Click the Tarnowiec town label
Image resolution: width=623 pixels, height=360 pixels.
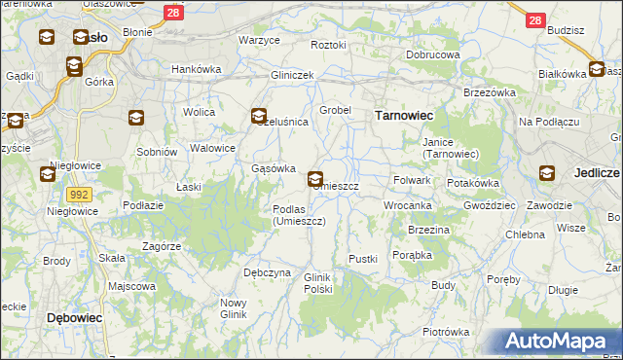[404, 115]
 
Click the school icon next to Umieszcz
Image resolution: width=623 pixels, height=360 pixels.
[316, 179]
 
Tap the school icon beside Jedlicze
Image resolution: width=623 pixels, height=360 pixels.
[547, 173]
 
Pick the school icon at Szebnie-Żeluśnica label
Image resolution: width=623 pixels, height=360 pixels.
[259, 116]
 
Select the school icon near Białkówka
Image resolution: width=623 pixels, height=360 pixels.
[596, 69]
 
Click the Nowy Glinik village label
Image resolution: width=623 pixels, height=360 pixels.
[233, 308]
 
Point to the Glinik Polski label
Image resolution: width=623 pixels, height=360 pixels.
[318, 283]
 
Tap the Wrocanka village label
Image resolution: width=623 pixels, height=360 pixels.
[407, 206]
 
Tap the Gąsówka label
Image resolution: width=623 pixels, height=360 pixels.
[274, 168]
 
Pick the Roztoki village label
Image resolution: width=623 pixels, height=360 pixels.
[328, 45]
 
